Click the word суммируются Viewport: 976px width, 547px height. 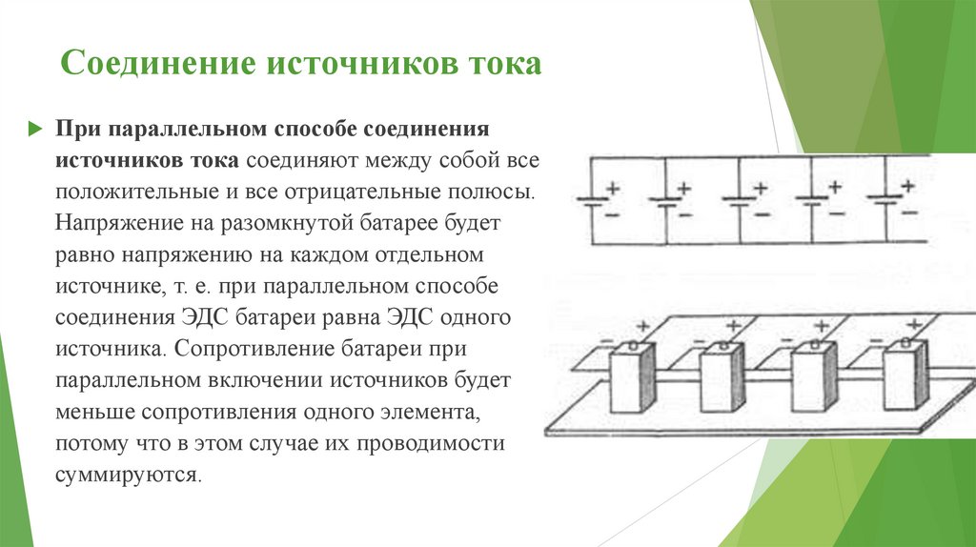tap(128, 474)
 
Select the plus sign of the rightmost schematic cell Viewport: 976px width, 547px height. tap(908, 184)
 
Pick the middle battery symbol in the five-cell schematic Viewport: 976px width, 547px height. tap(740, 201)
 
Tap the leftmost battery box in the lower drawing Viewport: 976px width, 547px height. tap(632, 378)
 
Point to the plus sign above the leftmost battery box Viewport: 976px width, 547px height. tap(641, 326)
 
